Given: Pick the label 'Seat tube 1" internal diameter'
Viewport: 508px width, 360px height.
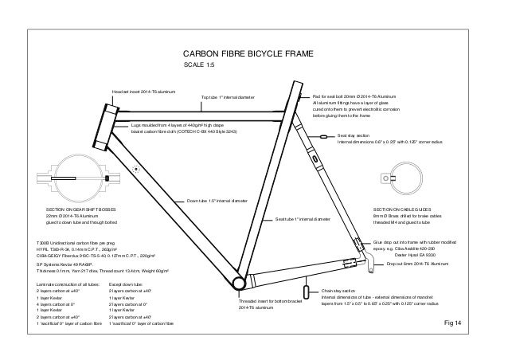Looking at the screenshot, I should pyautogui.click(x=302, y=218).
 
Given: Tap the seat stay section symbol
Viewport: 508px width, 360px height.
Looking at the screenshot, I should pyautogui.click(x=323, y=137).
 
